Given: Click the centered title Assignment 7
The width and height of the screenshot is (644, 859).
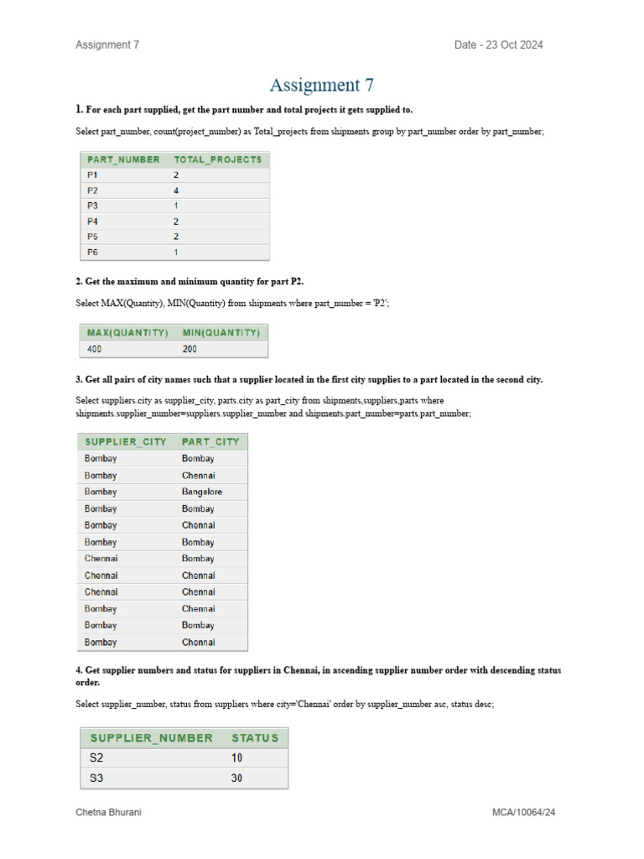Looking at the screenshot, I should coord(321,85).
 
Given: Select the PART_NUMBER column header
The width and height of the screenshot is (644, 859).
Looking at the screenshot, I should coord(122,159).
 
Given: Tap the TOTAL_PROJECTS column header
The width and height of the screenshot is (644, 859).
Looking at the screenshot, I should coord(217,159).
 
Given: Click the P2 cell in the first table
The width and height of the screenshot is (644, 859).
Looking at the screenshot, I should coord(92,190).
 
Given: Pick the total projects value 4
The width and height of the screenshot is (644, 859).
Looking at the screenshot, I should coord(176,190).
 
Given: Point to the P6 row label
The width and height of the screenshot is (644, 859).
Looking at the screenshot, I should coord(92,252).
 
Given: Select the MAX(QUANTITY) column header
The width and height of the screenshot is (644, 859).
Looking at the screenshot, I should coord(127,332).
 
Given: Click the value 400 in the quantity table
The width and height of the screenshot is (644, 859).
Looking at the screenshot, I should coord(95,348).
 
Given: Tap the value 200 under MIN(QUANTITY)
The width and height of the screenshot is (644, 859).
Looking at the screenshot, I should coord(190,348).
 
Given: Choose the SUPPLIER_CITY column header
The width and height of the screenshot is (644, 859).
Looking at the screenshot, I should coord(126,441).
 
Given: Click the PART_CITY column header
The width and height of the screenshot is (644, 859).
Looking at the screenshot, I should coord(210,441).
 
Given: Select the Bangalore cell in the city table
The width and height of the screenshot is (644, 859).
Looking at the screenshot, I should coord(202,492).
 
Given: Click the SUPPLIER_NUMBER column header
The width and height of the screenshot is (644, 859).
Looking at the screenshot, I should coord(152,737).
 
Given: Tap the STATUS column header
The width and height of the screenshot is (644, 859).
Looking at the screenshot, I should coord(255,737).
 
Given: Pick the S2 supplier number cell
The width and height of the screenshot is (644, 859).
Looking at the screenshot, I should coord(97,757).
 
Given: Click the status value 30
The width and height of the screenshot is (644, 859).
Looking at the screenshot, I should coord(237,778).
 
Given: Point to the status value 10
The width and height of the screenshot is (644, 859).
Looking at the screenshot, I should coord(237,757).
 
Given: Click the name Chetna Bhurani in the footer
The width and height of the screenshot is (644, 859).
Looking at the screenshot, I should coord(108,813).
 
